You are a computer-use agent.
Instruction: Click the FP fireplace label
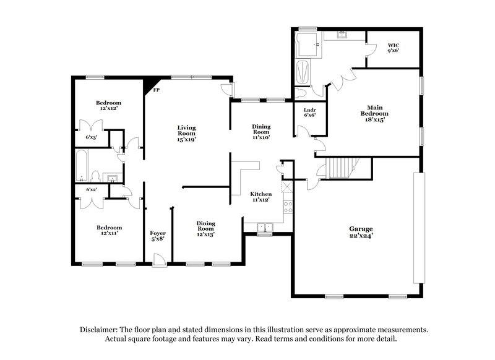(157, 90)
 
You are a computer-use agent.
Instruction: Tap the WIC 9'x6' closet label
(394, 48)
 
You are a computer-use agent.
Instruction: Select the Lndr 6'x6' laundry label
(310, 112)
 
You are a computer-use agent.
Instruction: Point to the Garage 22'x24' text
(360, 232)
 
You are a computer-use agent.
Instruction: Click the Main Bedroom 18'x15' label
(374, 111)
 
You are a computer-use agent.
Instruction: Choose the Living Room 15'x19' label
(186, 133)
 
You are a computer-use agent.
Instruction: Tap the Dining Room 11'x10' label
(260, 132)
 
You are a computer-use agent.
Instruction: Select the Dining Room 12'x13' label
(206, 229)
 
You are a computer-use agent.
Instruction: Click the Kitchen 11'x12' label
(260, 197)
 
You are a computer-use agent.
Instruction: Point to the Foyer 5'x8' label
(158, 236)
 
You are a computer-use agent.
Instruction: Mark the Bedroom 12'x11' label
(108, 231)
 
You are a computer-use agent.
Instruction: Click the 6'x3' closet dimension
(91, 137)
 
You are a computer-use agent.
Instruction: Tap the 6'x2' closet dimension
(91, 189)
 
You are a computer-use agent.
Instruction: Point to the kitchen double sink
(264, 227)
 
